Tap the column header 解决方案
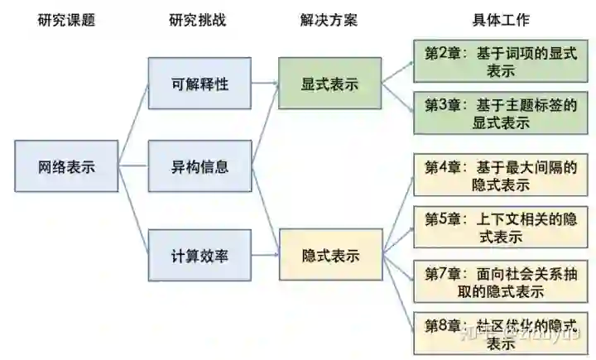[x=329, y=20]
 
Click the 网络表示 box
[x=66, y=166]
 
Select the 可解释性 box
[x=199, y=84]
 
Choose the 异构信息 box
[x=199, y=166]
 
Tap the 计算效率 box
[x=199, y=256]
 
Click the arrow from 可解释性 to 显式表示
[x=264, y=83]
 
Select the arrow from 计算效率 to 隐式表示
[x=264, y=256]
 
